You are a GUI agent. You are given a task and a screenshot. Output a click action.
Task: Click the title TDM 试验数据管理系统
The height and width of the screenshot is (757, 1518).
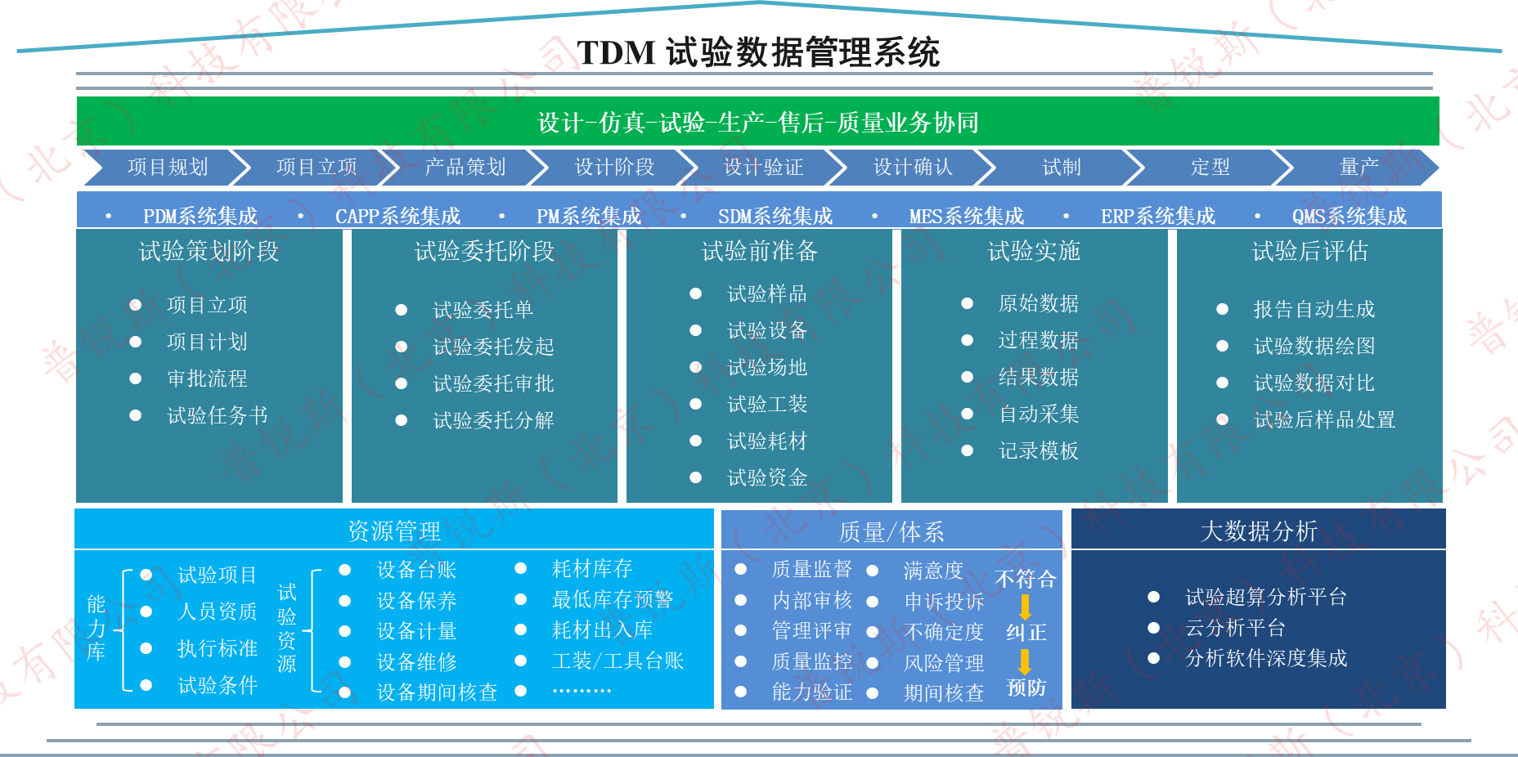coord(758,52)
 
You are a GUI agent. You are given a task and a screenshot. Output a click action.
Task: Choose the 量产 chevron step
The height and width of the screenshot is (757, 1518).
coord(1359,167)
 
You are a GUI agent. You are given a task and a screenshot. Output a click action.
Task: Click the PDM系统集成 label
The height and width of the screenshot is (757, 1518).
coord(200,216)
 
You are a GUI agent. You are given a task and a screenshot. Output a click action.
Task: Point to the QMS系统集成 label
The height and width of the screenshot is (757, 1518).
coord(1350,216)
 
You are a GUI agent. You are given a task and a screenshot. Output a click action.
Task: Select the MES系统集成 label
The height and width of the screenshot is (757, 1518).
coord(967,216)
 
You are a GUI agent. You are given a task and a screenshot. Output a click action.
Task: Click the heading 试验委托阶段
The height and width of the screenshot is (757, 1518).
coord(484,251)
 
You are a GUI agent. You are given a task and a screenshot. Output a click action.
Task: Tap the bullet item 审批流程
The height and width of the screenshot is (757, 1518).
coord(207,378)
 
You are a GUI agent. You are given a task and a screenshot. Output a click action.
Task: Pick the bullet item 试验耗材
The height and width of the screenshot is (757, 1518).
coord(767,441)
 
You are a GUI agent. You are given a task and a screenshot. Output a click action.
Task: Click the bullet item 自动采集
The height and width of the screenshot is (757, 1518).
coord(1039,414)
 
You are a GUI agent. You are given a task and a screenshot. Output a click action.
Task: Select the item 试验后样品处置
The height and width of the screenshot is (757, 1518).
coord(1324,420)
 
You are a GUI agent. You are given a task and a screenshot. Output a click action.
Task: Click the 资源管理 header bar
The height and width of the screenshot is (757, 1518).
coord(394,531)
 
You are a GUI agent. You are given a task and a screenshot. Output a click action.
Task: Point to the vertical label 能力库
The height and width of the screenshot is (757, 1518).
coord(97,628)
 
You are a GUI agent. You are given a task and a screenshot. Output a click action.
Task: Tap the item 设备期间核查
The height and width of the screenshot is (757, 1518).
coord(437,692)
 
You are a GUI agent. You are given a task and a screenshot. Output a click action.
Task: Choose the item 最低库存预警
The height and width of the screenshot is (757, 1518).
coord(613,600)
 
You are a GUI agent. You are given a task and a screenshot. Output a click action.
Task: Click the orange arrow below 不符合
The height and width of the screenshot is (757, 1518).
coord(1025,607)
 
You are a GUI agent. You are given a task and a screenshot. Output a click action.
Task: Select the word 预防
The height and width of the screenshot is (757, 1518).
coord(1026,688)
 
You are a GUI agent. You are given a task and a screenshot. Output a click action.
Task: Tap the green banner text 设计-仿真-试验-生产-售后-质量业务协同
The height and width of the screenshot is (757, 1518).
coord(758,123)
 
